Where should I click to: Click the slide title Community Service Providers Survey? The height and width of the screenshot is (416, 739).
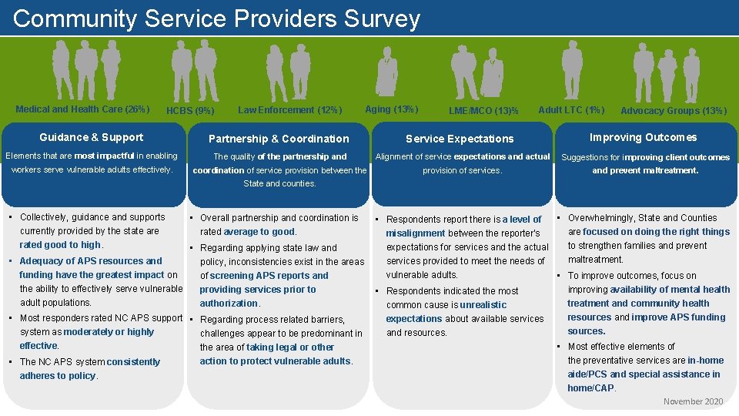click(x=216, y=18)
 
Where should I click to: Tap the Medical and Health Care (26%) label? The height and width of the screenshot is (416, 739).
click(x=82, y=109)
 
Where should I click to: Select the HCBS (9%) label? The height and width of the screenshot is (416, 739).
click(x=190, y=111)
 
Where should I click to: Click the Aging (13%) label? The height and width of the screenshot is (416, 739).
click(x=391, y=109)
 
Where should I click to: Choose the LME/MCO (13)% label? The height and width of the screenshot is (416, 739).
click(x=483, y=111)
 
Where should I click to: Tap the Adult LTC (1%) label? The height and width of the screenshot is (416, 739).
click(x=571, y=110)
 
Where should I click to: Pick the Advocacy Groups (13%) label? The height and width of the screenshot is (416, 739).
click(x=673, y=111)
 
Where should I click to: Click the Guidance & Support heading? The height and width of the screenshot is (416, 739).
click(x=91, y=138)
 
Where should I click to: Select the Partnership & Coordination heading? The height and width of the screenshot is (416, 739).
click(x=279, y=139)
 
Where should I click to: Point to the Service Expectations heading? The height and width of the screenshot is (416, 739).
click(x=460, y=139)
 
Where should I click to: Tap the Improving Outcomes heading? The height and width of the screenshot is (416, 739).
click(x=643, y=138)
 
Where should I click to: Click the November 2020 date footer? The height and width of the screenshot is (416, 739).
click(x=693, y=401)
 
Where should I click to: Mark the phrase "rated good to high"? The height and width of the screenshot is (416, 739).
click(x=60, y=245)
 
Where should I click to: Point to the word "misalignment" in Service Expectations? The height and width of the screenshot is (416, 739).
click(x=415, y=233)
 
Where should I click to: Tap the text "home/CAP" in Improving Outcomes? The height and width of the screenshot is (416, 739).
click(x=590, y=388)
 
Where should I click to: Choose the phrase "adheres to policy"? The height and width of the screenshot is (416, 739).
click(x=58, y=376)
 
